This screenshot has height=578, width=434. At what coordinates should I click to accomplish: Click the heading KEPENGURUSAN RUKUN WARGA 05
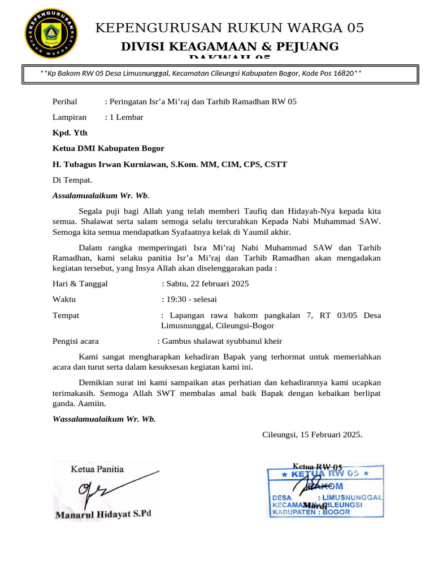(x=230, y=28)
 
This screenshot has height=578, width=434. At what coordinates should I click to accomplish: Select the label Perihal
(x=64, y=102)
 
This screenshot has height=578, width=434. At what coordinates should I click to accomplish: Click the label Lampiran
(x=70, y=117)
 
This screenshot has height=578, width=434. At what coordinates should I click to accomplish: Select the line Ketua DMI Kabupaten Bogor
(x=108, y=148)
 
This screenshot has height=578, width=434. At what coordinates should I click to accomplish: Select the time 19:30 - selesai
(x=190, y=299)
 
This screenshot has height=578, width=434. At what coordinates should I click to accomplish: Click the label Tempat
(x=66, y=315)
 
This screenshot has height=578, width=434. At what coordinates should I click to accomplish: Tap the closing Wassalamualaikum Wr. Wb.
(x=104, y=419)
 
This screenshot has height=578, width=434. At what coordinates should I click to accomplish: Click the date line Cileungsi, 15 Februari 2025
(x=312, y=435)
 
